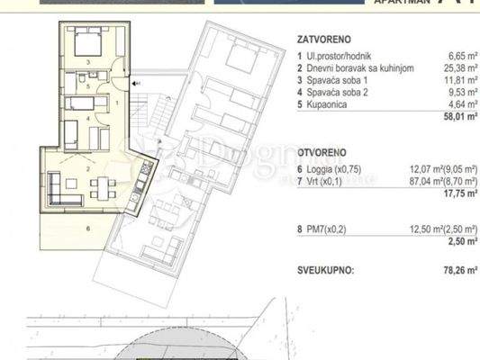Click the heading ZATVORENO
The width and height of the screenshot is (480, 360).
[x=322, y=40]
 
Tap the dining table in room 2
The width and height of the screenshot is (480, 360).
[x=98, y=189]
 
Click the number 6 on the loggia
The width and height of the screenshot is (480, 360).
[x=87, y=229]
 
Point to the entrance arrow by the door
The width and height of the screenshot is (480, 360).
[x=134, y=84]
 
